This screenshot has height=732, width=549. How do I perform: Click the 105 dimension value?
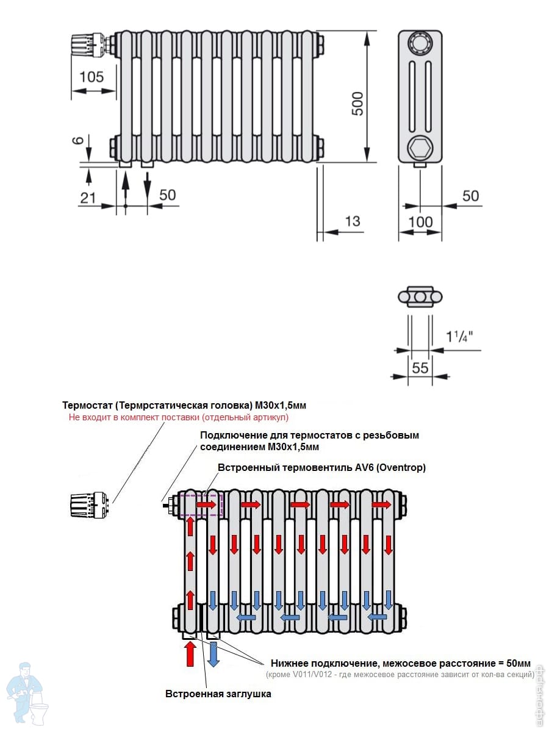[x=91, y=77]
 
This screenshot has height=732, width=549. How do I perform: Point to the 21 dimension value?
[x=88, y=197]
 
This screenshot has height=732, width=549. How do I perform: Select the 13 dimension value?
[x=353, y=221]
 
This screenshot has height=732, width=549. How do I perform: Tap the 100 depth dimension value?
[x=420, y=221]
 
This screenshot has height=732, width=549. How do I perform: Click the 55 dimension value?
[x=420, y=367]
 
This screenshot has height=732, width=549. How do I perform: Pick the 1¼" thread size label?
[x=459, y=336]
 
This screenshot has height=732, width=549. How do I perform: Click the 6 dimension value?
[x=77, y=140]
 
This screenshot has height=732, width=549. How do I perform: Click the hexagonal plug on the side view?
[x=420, y=147]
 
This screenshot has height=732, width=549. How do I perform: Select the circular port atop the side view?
[x=420, y=43]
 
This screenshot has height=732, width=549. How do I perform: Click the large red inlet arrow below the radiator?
[x=190, y=653]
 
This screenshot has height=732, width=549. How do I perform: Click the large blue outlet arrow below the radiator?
[x=213, y=653]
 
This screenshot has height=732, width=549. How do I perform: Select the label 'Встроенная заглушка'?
[x=218, y=694]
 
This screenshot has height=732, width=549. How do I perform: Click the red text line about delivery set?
[x=178, y=418]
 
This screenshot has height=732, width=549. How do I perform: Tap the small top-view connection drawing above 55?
[x=420, y=296]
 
